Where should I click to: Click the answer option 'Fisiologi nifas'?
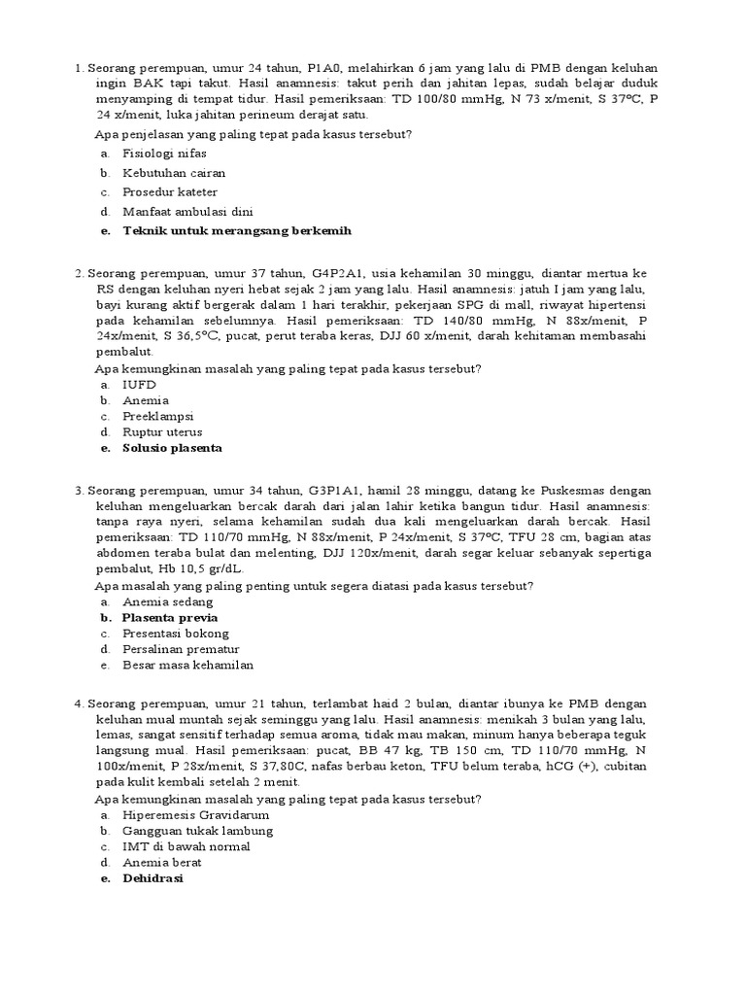164,154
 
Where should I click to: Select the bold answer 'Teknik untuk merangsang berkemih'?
236,230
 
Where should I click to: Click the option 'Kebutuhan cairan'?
174,173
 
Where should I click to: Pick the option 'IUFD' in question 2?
139,385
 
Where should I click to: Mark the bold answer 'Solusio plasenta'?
172,448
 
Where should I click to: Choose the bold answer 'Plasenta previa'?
169,617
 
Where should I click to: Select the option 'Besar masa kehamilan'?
187,666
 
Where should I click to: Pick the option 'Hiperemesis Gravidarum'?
195,815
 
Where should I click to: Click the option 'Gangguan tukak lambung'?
197,831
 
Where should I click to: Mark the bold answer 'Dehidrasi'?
153,878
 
